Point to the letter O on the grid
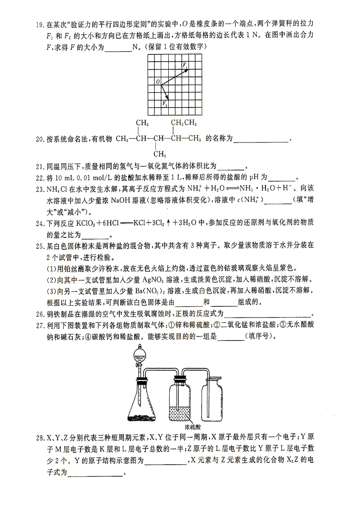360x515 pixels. pos(157,82)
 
